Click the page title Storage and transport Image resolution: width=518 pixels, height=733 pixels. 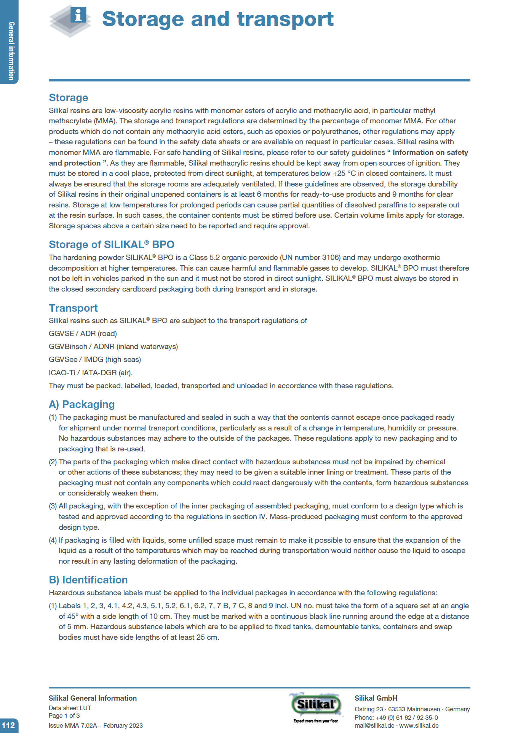click(x=217, y=19)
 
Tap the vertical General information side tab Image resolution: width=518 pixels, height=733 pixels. click(x=11, y=51)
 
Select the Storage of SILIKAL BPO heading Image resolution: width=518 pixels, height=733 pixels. click(x=111, y=244)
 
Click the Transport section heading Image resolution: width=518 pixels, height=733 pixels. click(x=73, y=308)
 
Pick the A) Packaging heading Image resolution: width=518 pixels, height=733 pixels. click(x=82, y=404)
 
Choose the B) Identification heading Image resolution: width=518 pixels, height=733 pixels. click(x=88, y=580)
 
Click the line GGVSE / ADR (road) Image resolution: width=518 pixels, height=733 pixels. click(x=83, y=334)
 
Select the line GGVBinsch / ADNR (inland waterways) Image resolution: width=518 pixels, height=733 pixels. click(x=113, y=347)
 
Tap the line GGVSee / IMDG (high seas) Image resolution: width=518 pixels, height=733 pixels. click(x=94, y=360)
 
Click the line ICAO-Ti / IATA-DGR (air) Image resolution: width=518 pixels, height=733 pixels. click(x=91, y=373)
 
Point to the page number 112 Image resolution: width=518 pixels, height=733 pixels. click(x=8, y=725)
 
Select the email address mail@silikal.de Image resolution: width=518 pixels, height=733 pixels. click(x=374, y=725)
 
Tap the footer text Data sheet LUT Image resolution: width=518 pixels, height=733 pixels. click(x=70, y=708)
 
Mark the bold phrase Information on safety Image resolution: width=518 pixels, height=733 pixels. click(x=430, y=153)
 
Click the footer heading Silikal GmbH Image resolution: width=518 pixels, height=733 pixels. click(x=376, y=698)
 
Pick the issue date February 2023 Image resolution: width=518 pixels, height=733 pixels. click(x=123, y=725)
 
